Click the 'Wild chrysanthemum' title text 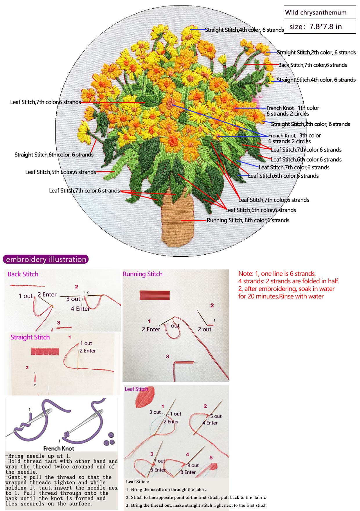tap(316, 12)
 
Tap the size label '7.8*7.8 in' tap(316, 27)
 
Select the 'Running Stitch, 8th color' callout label tap(248, 220)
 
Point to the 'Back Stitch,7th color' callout tap(312, 65)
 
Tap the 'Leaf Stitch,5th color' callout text tap(60, 172)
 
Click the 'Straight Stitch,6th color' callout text tap(54, 155)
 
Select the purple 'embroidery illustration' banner tap(46, 259)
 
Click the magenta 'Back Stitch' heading tap(23, 274)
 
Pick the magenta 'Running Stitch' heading tap(143, 274)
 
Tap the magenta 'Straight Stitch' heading tap(30, 337)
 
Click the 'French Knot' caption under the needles tap(59, 448)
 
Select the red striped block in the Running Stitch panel tap(154, 295)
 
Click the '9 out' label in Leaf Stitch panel tap(193, 465)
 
